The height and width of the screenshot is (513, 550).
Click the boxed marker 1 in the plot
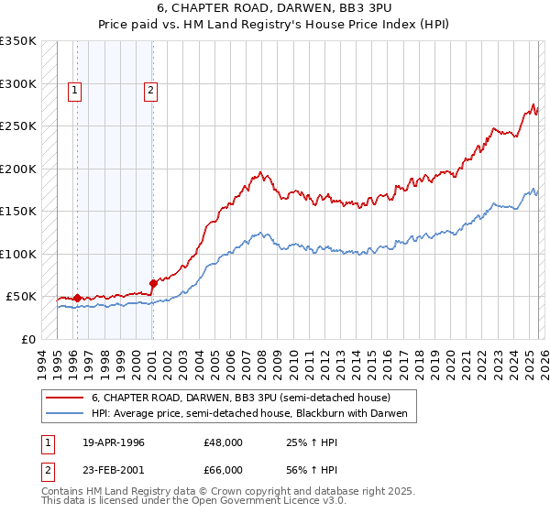click(74, 90)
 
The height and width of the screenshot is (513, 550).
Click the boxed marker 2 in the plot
click(149, 90)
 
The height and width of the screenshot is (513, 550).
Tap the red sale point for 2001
click(153, 283)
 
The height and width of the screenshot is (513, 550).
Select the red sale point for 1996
click(77, 298)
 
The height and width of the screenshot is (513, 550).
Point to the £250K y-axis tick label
click(18, 126)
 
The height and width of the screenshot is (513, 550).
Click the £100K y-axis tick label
click(18, 254)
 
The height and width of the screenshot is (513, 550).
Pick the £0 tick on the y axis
click(29, 339)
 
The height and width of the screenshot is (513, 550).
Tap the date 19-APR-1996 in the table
click(113, 442)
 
